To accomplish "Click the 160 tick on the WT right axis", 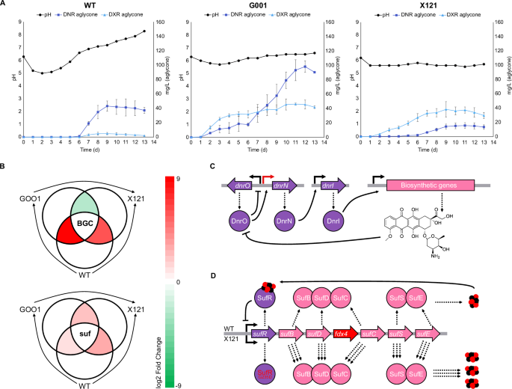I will coord(165,22).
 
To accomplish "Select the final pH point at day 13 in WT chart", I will coord(144,31).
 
